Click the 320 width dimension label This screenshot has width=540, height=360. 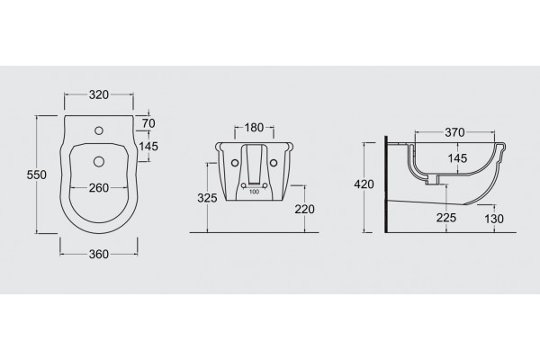(x=99, y=94)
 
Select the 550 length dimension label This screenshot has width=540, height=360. (x=37, y=175)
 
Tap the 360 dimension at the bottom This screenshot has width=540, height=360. (x=99, y=254)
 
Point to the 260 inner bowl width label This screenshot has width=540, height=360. (x=99, y=188)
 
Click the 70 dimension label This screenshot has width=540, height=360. (x=148, y=123)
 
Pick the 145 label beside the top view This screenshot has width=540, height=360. (x=148, y=147)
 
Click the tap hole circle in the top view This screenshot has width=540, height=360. (x=99, y=130)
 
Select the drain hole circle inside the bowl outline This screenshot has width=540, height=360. (x=99, y=162)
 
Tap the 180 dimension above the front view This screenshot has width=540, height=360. (x=254, y=128)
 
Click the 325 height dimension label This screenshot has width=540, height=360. (x=207, y=198)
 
